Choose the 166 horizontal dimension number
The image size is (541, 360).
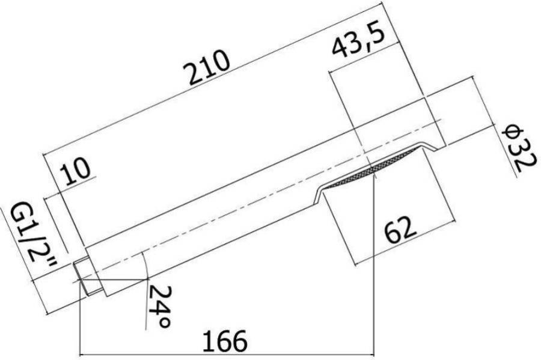(222, 341)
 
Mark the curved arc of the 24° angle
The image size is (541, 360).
(146, 264)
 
